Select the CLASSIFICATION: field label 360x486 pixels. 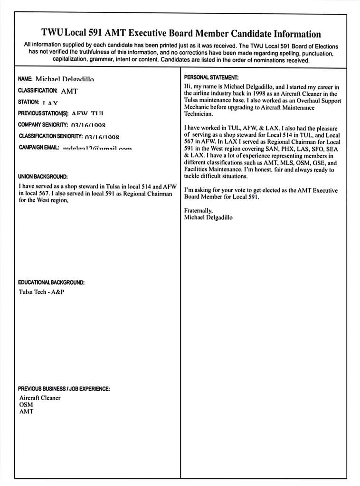click(38, 90)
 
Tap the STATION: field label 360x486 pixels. click(28, 102)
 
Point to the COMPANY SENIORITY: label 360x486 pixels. click(43, 125)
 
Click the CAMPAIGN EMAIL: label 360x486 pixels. click(39, 148)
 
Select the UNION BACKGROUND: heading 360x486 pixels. click(43, 177)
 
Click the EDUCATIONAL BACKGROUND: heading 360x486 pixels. click(51, 282)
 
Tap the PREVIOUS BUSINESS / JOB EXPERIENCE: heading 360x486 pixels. click(64, 389)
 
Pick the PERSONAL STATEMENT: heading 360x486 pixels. click(211, 77)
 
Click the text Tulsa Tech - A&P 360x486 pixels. click(41, 292)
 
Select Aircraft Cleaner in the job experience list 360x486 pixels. click(40, 398)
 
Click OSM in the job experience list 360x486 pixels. click(26, 405)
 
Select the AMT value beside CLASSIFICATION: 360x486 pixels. click(69, 91)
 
